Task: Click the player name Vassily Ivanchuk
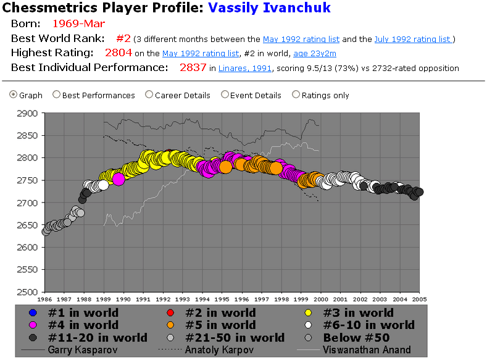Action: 269,8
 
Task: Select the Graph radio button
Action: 14,95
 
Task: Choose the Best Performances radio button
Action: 57,95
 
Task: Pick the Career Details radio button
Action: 149,95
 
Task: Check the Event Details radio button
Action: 225,95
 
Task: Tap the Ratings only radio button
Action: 296,95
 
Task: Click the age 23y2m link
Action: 318,54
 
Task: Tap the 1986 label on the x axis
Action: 46,299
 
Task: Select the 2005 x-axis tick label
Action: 420,299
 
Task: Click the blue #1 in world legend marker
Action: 35,312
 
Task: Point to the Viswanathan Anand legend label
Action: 367,350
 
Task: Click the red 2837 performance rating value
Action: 193,67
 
